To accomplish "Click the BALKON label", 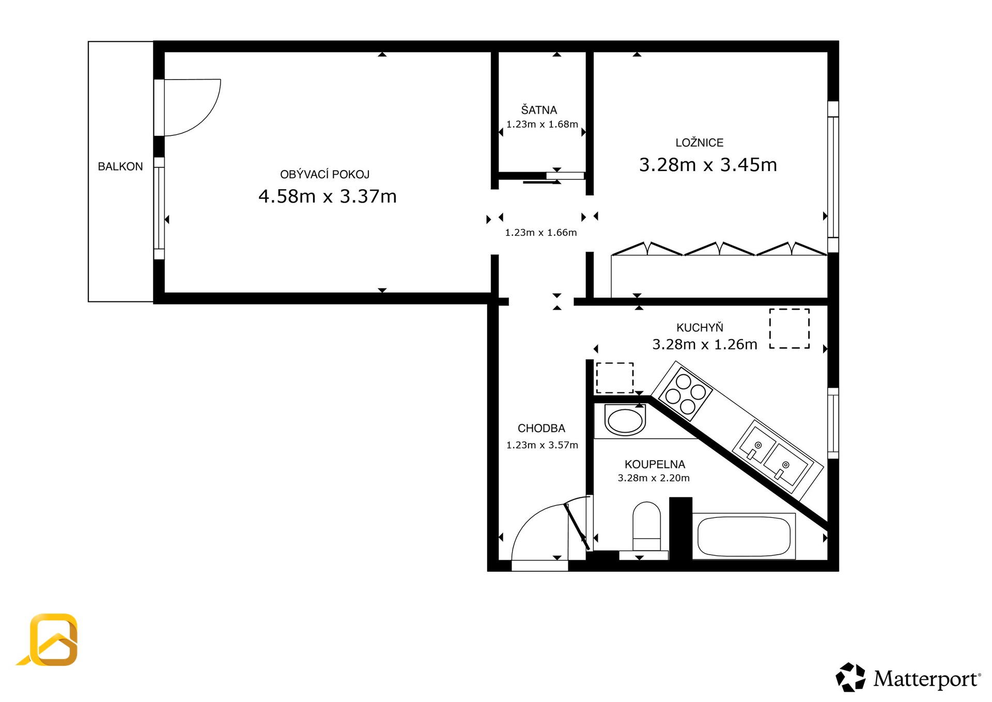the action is [x=120, y=166].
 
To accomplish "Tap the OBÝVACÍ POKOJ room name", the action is [x=325, y=174].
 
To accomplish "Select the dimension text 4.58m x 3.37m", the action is [x=328, y=196].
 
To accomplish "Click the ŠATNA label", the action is [x=539, y=110].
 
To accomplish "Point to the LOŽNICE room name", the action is [x=700, y=143].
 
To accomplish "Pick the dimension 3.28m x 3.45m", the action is [x=708, y=165].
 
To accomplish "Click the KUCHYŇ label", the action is [x=700, y=327].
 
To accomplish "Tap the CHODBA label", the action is [x=541, y=429].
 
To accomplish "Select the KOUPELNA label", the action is [x=655, y=465].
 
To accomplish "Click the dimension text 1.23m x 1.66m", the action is [x=541, y=233].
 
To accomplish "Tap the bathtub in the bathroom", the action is [x=744, y=536].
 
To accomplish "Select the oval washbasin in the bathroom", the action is [x=625, y=421].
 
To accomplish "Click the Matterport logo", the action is [x=908, y=678].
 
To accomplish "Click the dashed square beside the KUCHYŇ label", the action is [x=789, y=329].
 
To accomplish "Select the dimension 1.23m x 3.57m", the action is [x=542, y=445].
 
